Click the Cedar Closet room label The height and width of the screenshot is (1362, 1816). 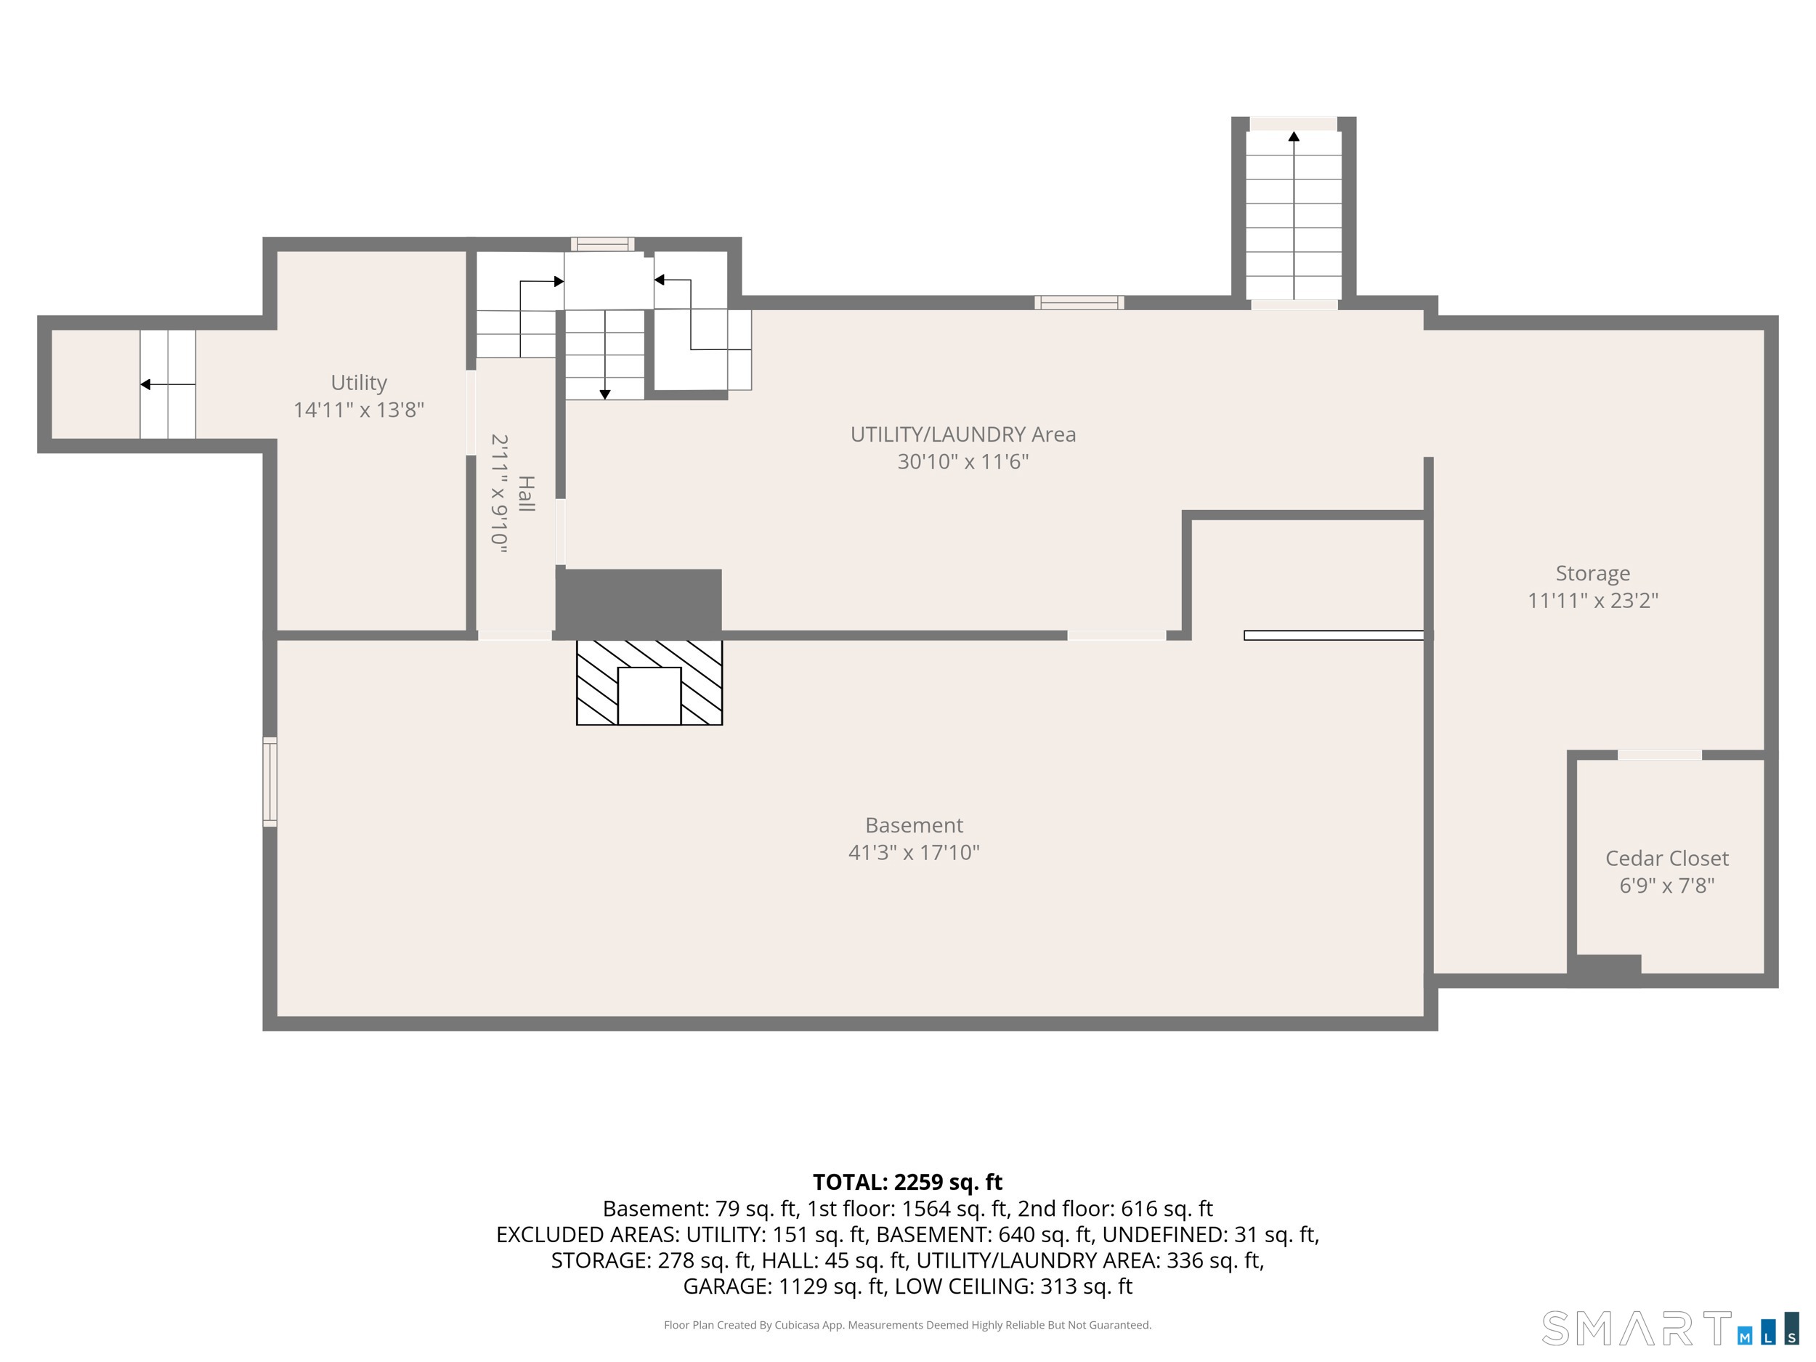(x=1666, y=858)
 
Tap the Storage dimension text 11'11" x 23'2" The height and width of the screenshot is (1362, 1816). (x=1593, y=600)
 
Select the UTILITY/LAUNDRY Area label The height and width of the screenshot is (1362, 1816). (x=963, y=434)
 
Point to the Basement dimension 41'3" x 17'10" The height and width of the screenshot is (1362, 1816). (x=914, y=852)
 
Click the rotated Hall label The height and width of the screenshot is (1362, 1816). (x=526, y=493)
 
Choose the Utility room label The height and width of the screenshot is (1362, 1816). (x=359, y=383)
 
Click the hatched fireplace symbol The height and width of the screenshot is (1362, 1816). (x=649, y=682)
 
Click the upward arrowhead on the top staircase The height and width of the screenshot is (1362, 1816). (x=1294, y=137)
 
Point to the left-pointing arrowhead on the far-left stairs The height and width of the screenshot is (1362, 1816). (x=145, y=384)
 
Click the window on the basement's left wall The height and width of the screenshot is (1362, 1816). (x=269, y=782)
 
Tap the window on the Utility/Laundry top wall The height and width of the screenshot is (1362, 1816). (x=1079, y=302)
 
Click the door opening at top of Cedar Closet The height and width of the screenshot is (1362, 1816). (x=1659, y=755)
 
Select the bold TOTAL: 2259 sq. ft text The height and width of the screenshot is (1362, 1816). (x=907, y=1182)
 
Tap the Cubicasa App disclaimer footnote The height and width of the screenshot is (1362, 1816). (x=907, y=1325)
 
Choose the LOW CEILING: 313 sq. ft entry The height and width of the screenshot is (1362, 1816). (x=1013, y=1286)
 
